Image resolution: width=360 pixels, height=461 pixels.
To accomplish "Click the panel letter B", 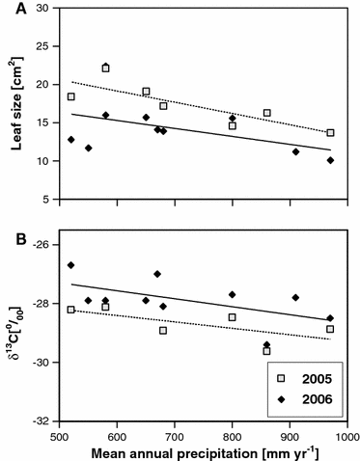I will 10,231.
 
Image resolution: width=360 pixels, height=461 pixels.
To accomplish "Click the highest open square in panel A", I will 106,68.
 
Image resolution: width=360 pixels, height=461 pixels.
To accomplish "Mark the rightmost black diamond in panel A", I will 330,160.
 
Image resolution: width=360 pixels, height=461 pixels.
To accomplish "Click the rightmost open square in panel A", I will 330,132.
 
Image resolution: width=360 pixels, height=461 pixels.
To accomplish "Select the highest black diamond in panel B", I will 70,265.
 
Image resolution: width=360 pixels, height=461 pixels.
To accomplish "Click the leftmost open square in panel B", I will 70,310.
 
